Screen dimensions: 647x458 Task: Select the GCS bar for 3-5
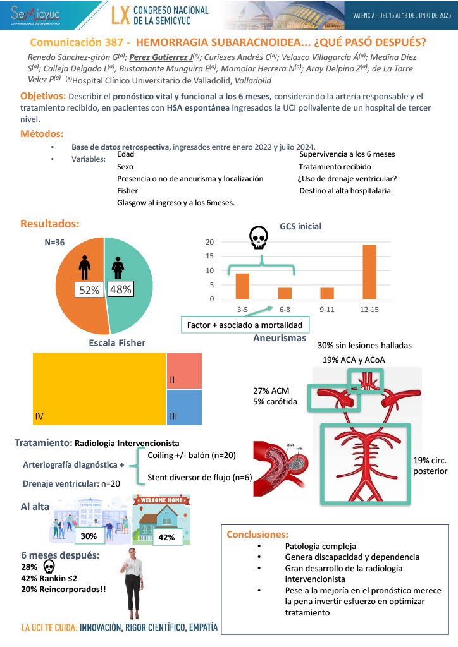242,286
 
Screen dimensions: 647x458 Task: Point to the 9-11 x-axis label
326,310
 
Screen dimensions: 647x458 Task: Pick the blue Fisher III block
184,408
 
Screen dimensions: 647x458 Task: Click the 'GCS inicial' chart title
300,226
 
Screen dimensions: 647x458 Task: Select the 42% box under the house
167,536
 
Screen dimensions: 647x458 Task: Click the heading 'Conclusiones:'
257,535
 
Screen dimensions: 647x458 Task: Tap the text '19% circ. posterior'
430,465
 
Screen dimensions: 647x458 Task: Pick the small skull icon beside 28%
49,565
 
